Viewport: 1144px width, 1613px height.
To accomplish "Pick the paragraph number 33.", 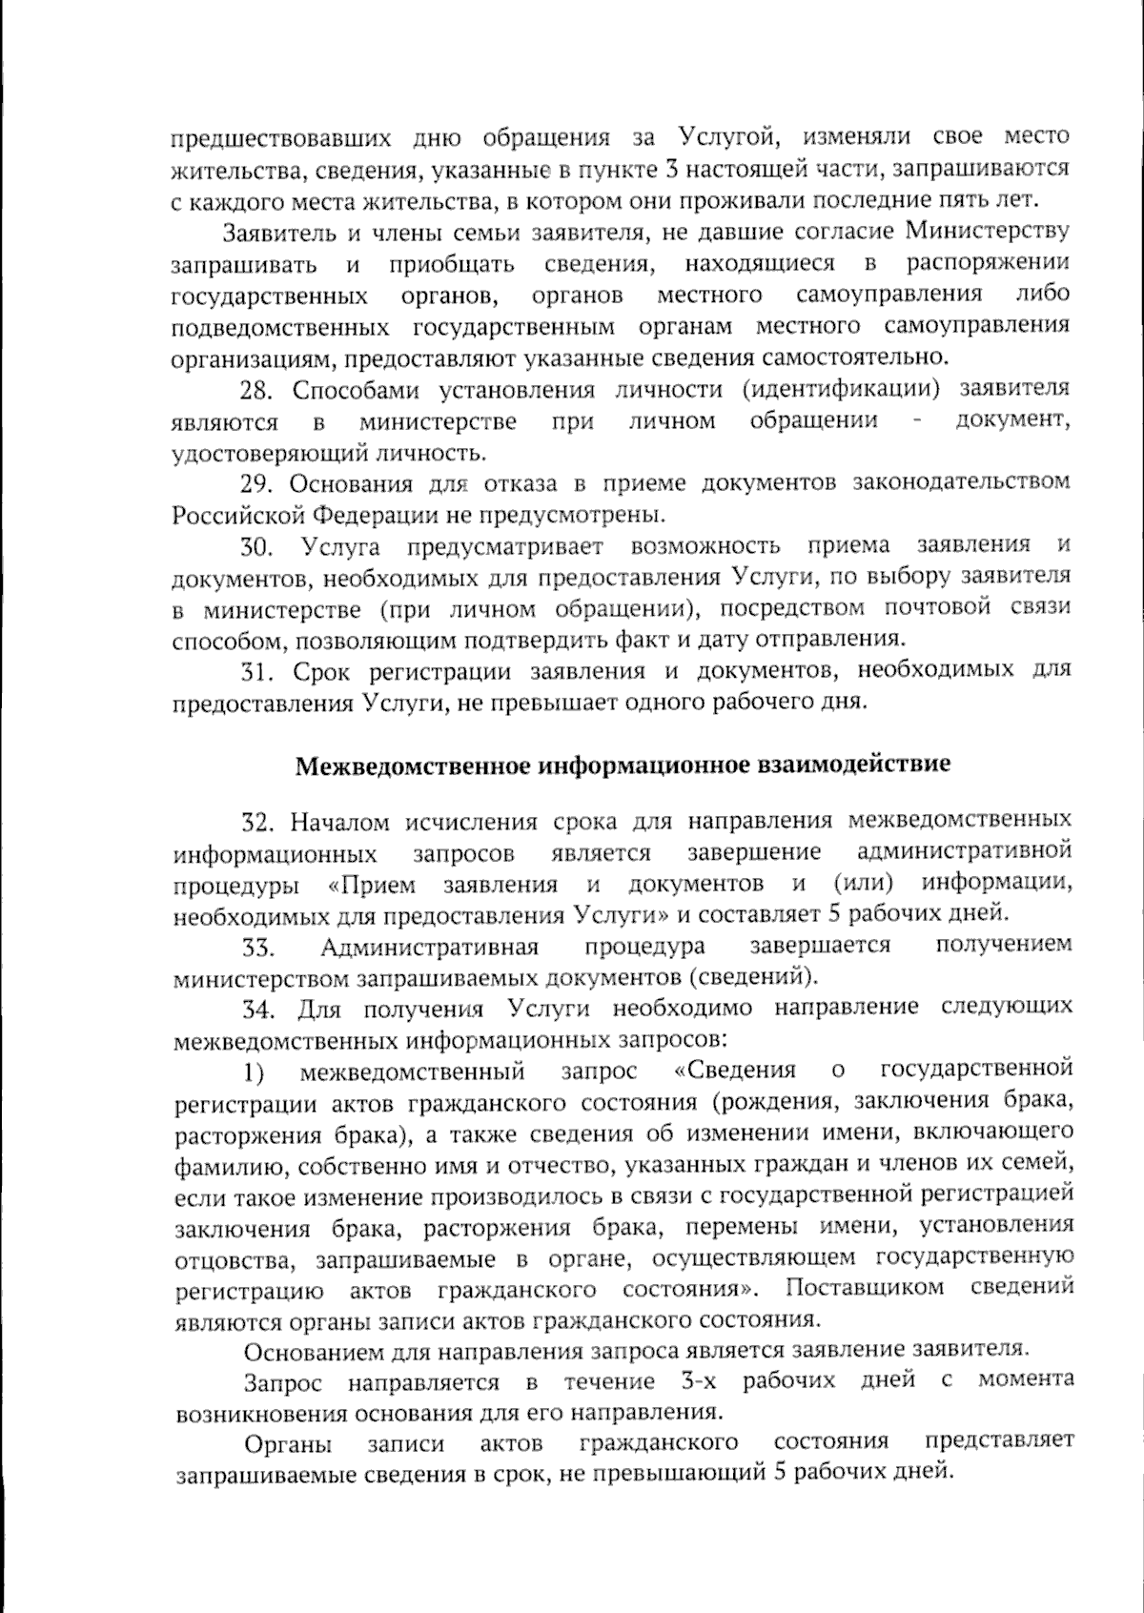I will pos(258,948).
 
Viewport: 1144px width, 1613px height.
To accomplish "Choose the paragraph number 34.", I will pos(258,1010).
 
